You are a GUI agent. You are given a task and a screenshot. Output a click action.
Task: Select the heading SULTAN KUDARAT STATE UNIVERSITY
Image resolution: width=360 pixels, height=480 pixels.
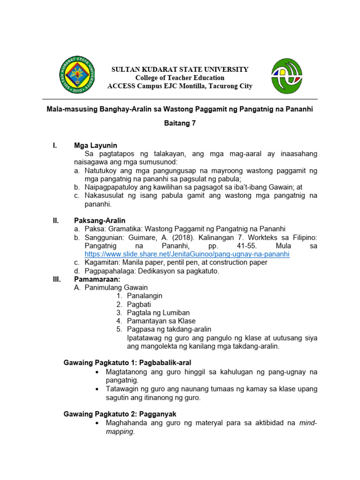pos(180,69)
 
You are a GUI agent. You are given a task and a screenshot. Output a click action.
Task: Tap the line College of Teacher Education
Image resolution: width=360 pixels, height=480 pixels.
pos(180,78)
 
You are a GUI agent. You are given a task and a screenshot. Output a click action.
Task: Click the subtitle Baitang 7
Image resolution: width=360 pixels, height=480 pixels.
pos(180,124)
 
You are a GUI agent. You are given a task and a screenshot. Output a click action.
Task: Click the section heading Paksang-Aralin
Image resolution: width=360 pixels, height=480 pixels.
pos(100,220)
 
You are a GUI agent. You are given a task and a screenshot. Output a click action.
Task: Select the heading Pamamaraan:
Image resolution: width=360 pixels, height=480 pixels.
pos(97,279)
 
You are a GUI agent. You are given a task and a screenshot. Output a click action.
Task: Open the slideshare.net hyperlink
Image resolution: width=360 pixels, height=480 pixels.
pos(187,254)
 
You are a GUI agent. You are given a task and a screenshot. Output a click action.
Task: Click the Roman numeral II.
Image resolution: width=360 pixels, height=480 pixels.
pos(56,220)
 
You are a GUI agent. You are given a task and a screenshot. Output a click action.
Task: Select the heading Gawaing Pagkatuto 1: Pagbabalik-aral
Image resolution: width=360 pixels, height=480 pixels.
pos(127,363)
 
